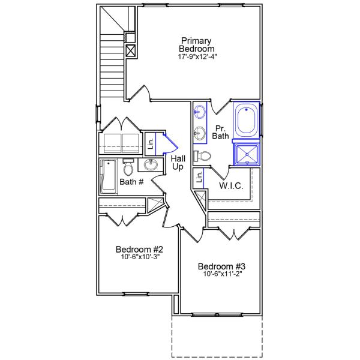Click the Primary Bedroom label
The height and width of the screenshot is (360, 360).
(196, 44)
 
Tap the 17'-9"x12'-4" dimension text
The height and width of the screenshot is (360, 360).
(197, 57)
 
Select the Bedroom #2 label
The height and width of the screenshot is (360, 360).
(140, 249)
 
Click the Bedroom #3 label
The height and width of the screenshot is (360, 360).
(222, 266)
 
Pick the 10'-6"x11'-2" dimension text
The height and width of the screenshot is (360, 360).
(222, 274)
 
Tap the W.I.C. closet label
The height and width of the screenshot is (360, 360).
(231, 186)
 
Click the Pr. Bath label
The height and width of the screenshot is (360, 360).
(220, 132)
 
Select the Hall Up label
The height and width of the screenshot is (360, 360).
(178, 162)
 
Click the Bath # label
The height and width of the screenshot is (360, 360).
(131, 181)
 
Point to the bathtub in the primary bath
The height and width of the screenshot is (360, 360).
(246, 121)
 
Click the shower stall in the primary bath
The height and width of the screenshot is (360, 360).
(246, 154)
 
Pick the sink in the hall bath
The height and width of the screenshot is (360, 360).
(150, 165)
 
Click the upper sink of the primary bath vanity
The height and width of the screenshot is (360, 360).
(200, 112)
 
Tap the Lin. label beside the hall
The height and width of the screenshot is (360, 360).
(151, 144)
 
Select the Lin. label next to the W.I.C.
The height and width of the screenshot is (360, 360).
(198, 178)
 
